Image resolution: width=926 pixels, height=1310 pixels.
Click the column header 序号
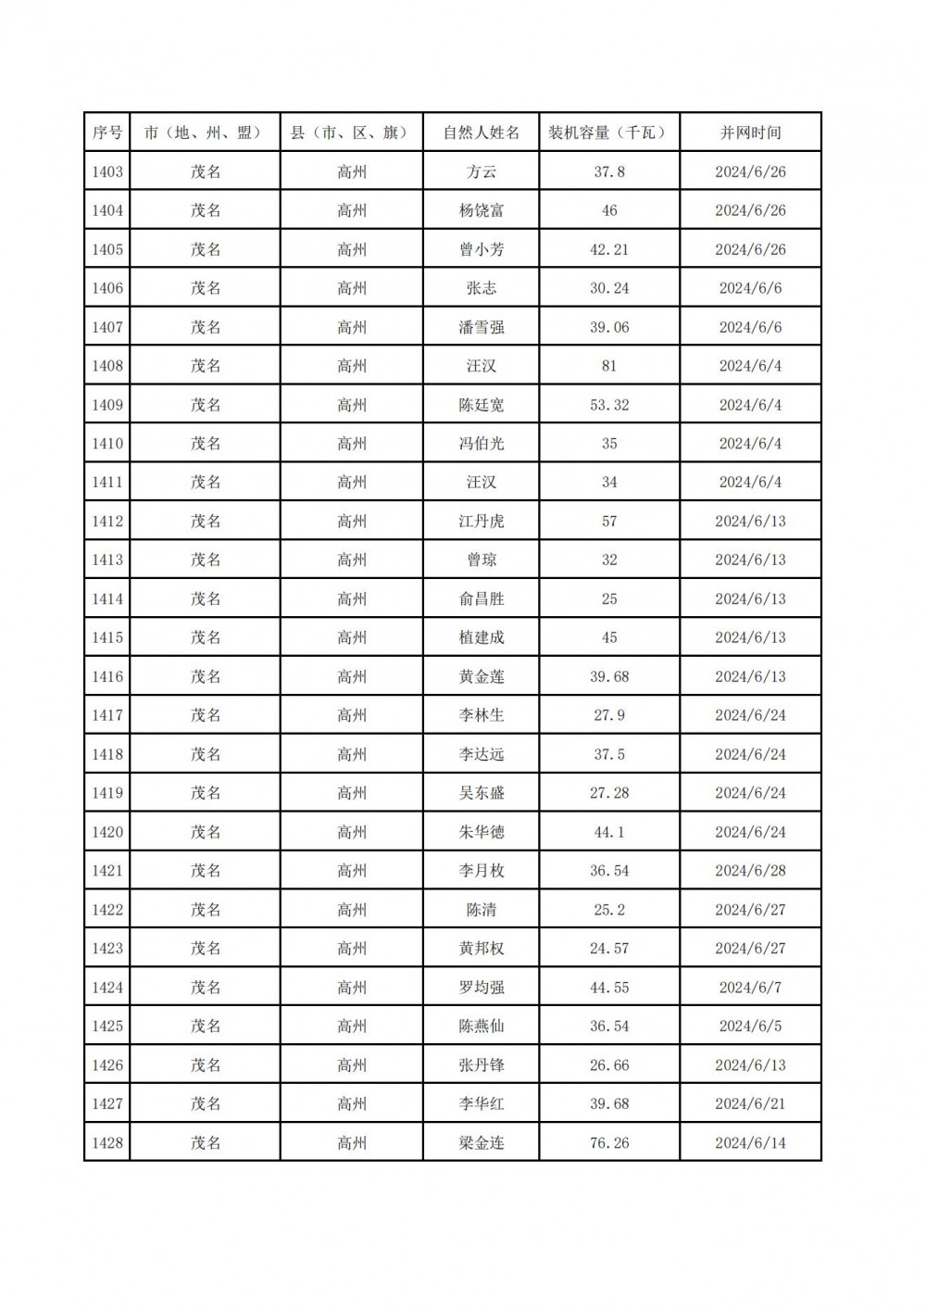(107, 132)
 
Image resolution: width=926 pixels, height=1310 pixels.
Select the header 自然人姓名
(482, 132)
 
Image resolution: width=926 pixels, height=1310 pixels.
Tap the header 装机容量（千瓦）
(609, 132)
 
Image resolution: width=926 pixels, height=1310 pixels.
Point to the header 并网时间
(750, 132)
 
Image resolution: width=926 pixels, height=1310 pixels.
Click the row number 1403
(107, 171)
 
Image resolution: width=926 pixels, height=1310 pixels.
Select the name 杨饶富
(482, 210)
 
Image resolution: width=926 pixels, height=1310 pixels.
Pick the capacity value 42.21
(609, 249)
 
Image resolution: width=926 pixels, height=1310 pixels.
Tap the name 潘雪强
(482, 327)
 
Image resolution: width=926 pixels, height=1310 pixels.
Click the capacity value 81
(609, 366)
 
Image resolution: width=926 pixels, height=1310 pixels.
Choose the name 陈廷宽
(482, 405)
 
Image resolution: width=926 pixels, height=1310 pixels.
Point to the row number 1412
(107, 522)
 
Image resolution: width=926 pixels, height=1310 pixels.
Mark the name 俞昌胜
(482, 598)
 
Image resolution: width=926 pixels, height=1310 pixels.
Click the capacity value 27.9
(609, 715)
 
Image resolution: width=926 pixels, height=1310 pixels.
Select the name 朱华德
(482, 832)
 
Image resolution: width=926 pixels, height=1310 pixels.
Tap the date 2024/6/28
(750, 871)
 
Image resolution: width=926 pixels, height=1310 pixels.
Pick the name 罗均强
(482, 988)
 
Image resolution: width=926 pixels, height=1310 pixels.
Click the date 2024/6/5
(750, 1027)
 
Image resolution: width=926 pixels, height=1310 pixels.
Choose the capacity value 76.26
(609, 1143)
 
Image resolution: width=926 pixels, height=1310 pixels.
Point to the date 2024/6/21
(750, 1104)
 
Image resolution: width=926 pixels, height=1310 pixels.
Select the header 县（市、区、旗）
(352, 132)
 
